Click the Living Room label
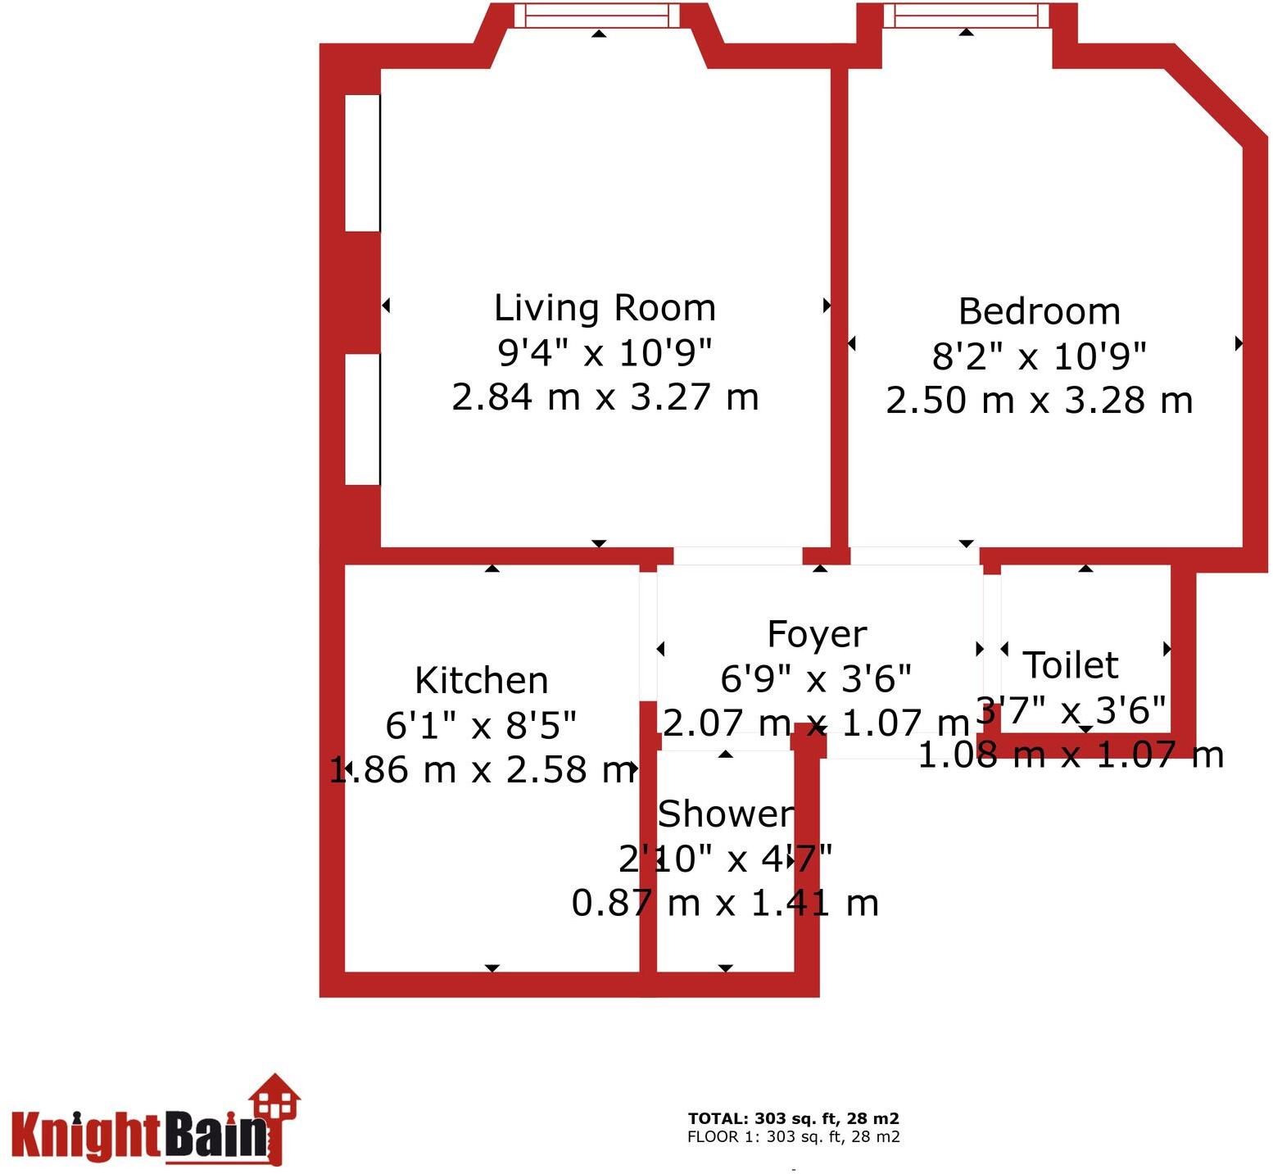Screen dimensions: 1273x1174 pos(605,308)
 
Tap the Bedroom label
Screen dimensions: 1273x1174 pos(1040,311)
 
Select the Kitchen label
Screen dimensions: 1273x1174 pos(482,681)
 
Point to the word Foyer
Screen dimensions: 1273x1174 pos(817,635)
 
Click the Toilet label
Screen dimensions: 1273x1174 pos(1071,665)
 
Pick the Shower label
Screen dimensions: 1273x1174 pos(726,814)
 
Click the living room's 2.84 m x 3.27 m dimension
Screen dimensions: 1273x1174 pos(605,397)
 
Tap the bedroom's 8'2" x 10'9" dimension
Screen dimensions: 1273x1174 pos(1040,356)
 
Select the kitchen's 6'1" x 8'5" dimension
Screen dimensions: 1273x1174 pos(482,725)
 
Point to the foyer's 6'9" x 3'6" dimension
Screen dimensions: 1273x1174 pos(816,678)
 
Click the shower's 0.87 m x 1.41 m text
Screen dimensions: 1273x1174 pos(725,903)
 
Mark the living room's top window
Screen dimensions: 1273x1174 pos(602,16)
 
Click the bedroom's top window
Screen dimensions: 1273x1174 pos(967,16)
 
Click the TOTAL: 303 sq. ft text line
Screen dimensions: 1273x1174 pos(794,1118)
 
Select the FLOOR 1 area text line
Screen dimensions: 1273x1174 pos(794,1137)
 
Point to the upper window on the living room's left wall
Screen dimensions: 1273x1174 pos(362,163)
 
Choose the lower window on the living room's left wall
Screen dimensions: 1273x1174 pos(362,419)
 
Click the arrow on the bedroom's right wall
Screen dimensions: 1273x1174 pos(1239,343)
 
